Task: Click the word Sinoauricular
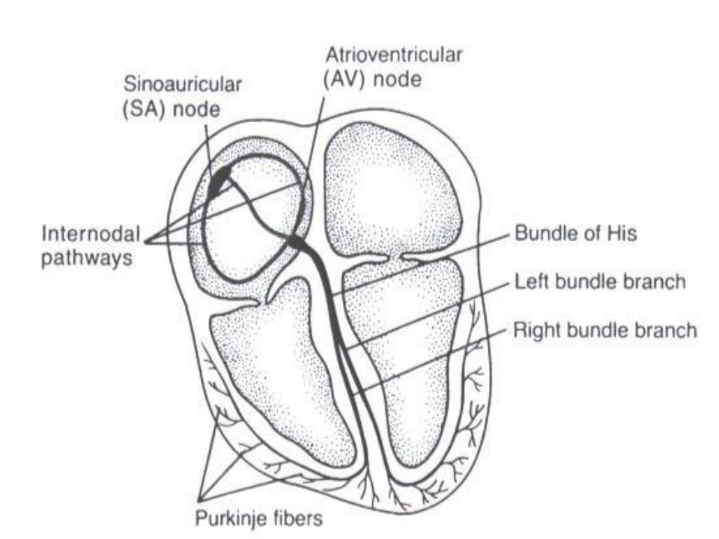(183, 85)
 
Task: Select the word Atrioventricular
(393, 55)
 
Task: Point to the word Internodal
(91, 234)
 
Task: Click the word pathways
(87, 258)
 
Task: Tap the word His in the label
(622, 234)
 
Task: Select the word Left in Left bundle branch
(531, 281)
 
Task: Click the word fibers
(297, 518)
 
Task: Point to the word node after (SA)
(197, 110)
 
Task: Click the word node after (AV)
(397, 80)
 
